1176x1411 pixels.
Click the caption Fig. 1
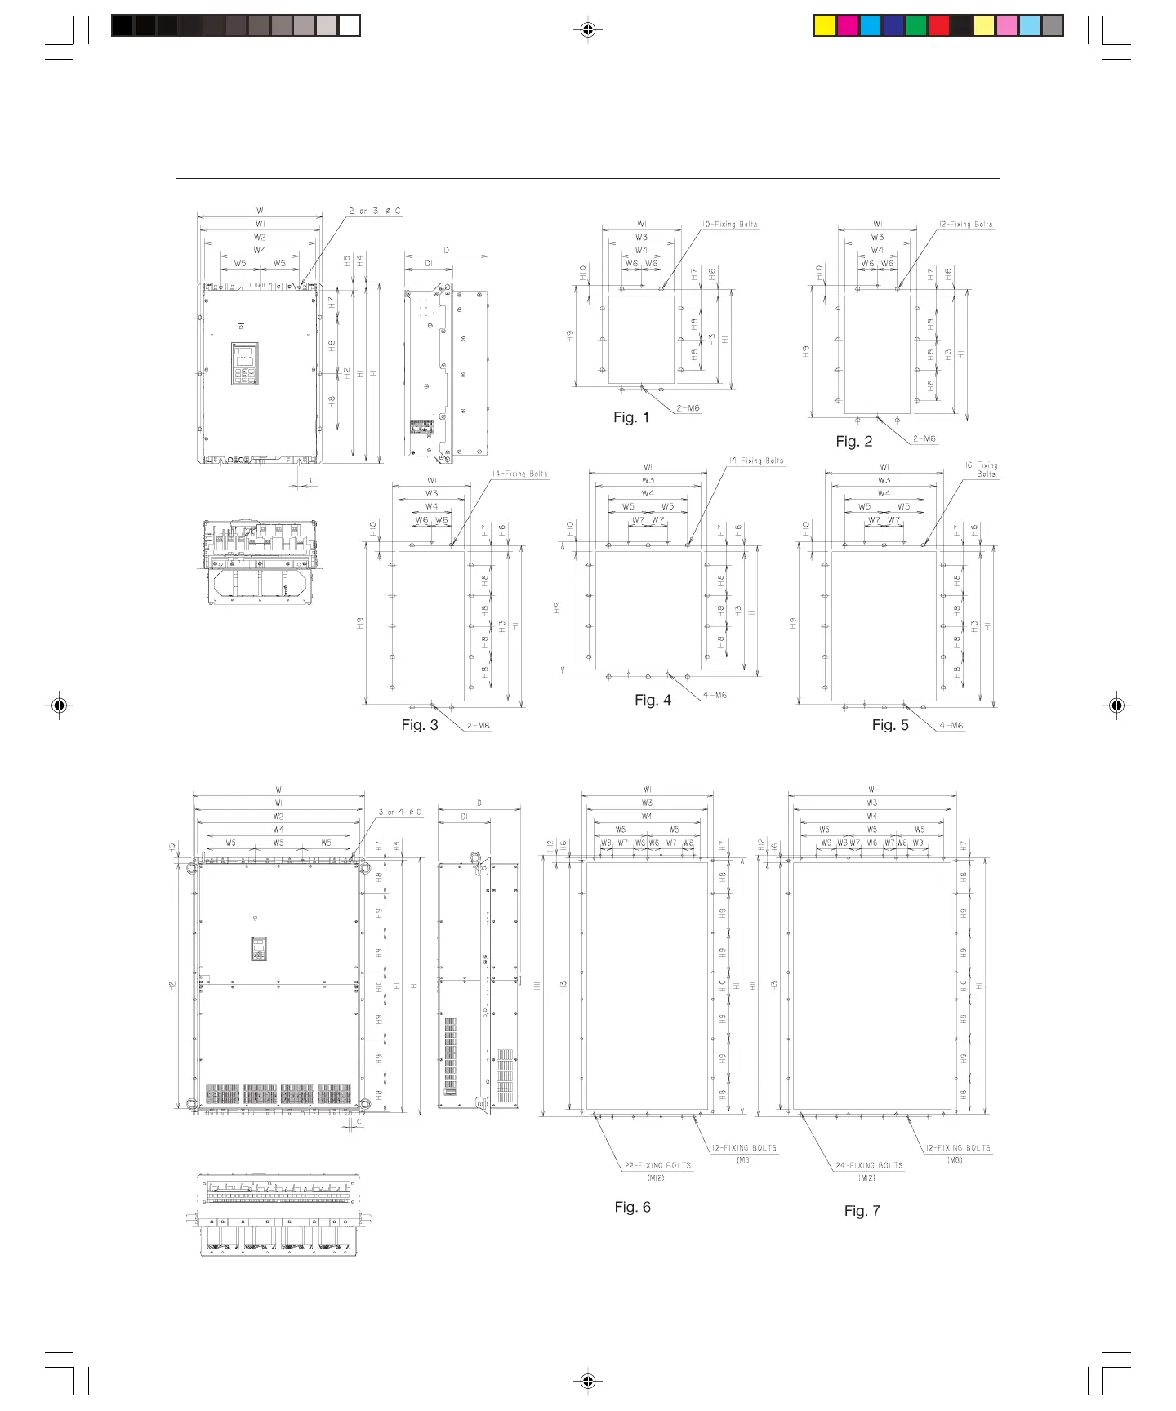pyautogui.click(x=631, y=418)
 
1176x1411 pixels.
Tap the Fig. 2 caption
pyautogui.click(x=853, y=442)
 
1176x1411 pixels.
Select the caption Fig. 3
pyautogui.click(x=420, y=725)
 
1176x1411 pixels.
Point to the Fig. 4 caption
pyautogui.click(x=653, y=700)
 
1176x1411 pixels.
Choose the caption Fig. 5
pyautogui.click(x=890, y=725)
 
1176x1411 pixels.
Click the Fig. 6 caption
pyautogui.click(x=632, y=1207)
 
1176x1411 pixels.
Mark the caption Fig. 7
pyautogui.click(x=862, y=1211)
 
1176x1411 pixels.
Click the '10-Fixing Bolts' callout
pyautogui.click(x=729, y=224)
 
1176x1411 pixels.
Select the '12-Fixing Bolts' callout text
pyautogui.click(x=964, y=224)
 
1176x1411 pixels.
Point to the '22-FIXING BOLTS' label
pyautogui.click(x=657, y=1166)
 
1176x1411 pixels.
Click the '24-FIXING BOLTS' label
pyautogui.click(x=869, y=1166)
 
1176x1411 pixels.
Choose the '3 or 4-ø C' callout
pyautogui.click(x=399, y=812)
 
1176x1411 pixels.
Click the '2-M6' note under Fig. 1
pyautogui.click(x=687, y=408)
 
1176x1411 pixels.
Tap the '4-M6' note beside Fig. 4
pyautogui.click(x=715, y=696)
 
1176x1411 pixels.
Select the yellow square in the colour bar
pyautogui.click(x=825, y=26)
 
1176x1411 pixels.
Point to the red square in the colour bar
pyautogui.click(x=938, y=26)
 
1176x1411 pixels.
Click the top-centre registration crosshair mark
pyautogui.click(x=587, y=30)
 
